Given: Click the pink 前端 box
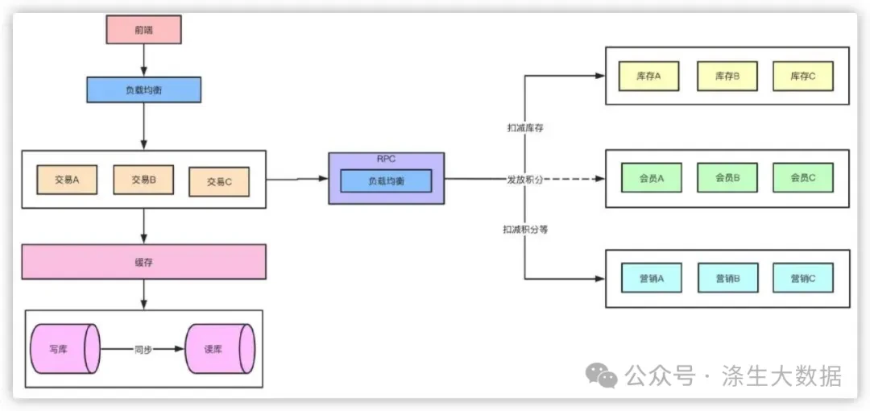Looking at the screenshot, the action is click(x=143, y=30).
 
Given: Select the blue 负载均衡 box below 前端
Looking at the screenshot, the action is click(x=143, y=90).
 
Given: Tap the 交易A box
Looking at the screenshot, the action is click(x=67, y=180).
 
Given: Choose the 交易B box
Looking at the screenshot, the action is click(x=143, y=180).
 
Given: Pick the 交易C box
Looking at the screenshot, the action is click(x=219, y=181).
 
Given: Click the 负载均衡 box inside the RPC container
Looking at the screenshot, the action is click(x=386, y=181).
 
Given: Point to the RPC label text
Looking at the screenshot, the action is click(x=386, y=160).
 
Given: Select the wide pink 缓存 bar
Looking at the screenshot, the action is click(x=143, y=262).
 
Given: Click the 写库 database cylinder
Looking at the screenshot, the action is click(x=65, y=349).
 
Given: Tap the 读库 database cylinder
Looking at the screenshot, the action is click(x=220, y=349).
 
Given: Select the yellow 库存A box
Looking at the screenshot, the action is click(x=648, y=76).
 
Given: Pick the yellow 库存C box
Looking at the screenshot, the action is click(x=803, y=76).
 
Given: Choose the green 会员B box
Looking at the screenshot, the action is click(x=727, y=178).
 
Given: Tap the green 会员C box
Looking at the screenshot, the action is click(x=803, y=178).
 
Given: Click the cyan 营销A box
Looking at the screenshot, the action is click(x=652, y=278).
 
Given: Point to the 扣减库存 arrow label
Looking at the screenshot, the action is click(x=525, y=128).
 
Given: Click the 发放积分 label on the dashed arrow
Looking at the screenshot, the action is click(x=525, y=179).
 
